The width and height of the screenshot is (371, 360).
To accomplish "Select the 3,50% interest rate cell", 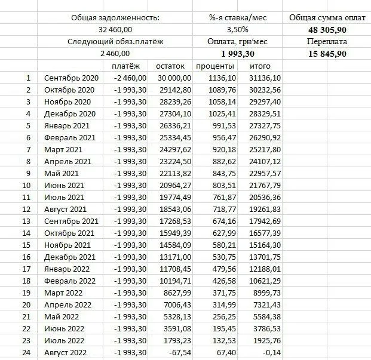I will coord(237,30).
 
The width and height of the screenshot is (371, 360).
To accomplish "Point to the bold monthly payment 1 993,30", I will coord(237,54).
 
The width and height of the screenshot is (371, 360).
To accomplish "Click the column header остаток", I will coord(170,66).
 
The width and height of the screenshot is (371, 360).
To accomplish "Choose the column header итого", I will coord(260,66).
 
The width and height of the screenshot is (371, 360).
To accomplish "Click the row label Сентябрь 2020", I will coord(70,78).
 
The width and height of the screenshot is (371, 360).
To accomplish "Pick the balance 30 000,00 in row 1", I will coord(170,78).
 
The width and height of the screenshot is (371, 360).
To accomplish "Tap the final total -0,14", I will coord(272,352).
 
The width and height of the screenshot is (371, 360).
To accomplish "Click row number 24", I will coord(26,352).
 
